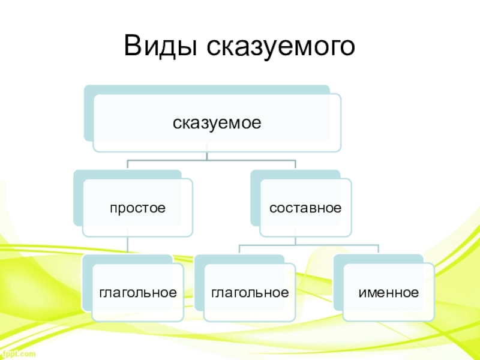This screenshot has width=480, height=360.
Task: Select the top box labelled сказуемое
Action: click(217, 124)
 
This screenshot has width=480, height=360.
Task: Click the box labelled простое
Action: click(137, 208)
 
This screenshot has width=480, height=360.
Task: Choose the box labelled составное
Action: click(305, 208)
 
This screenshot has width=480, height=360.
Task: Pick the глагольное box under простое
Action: click(138, 293)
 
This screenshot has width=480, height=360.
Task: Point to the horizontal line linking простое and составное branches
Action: click(210, 161)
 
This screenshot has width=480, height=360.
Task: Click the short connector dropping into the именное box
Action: click(378, 250)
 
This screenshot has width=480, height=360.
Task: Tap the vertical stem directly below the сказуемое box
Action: click(207, 155)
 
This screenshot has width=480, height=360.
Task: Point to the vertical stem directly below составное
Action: click(295, 241)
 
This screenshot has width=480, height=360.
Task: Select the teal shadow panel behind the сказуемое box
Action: click(88, 114)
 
